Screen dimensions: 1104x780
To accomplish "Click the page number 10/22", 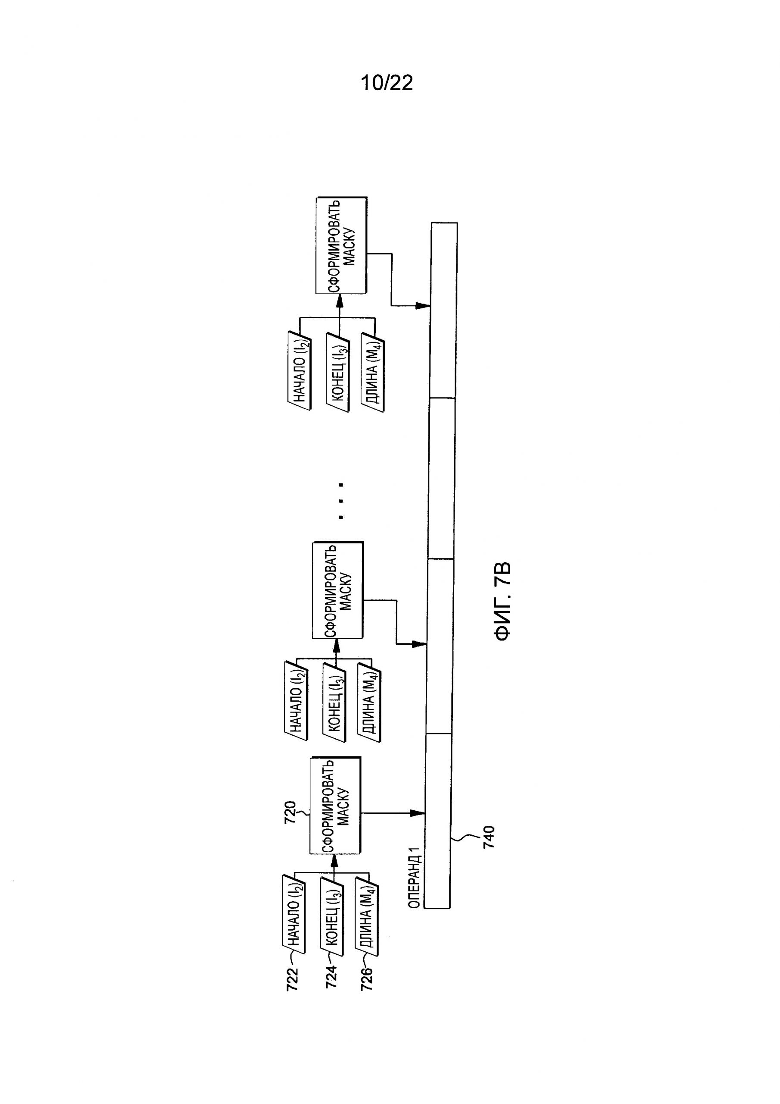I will pyautogui.click(x=387, y=83).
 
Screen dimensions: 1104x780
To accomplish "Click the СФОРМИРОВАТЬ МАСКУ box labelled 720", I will pyautogui.click(x=335, y=812).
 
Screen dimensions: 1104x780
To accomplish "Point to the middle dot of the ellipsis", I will pyautogui.click(x=341, y=501).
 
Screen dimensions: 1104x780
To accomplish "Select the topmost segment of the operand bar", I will pyautogui.click(x=443, y=310).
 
